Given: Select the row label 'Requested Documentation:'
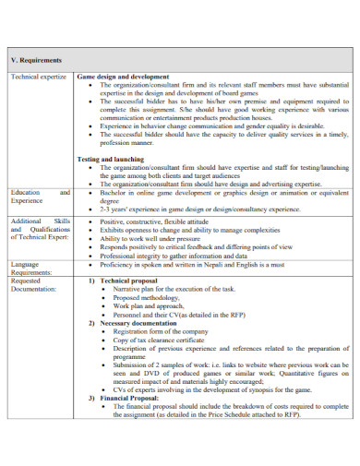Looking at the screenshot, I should (x=34, y=283).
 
